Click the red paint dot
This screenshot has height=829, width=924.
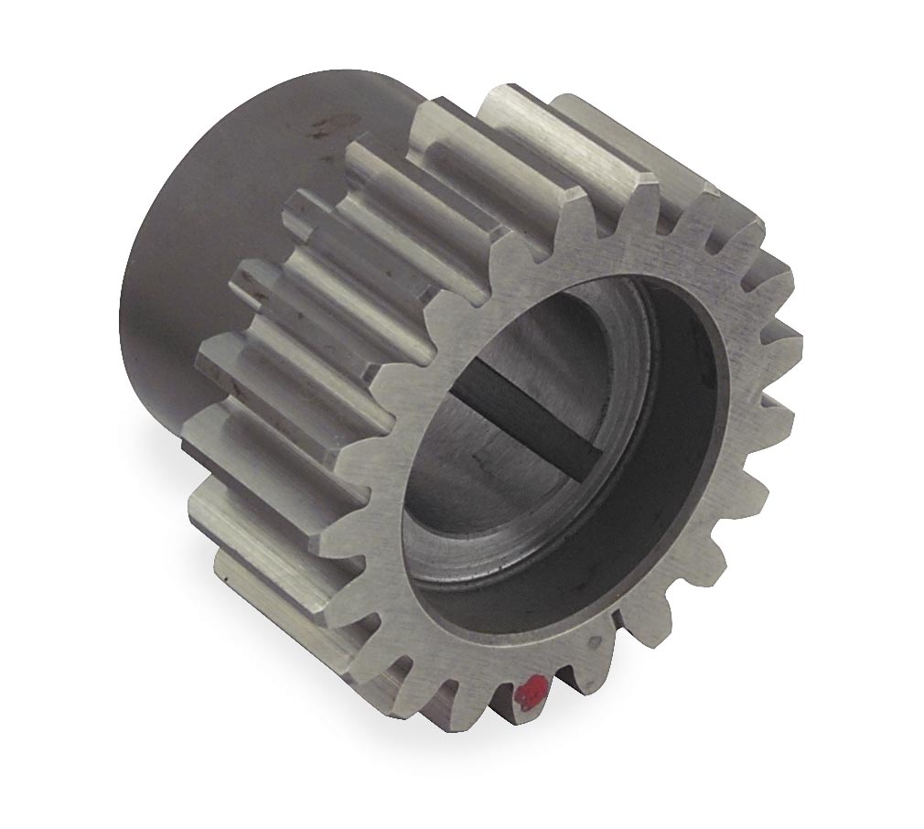coord(531,694)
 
